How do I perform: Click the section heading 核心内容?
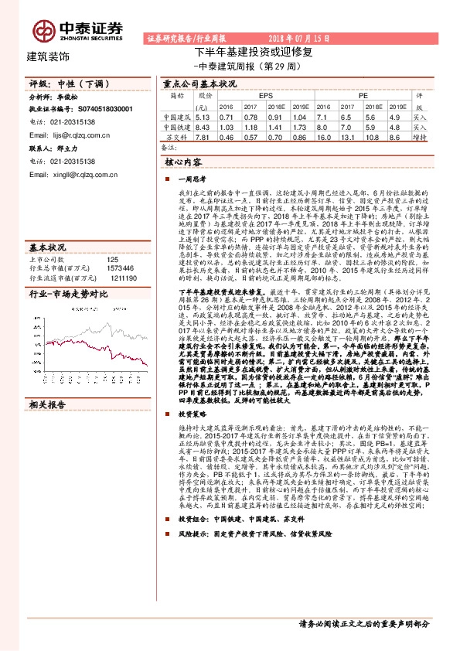[x=183, y=163]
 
